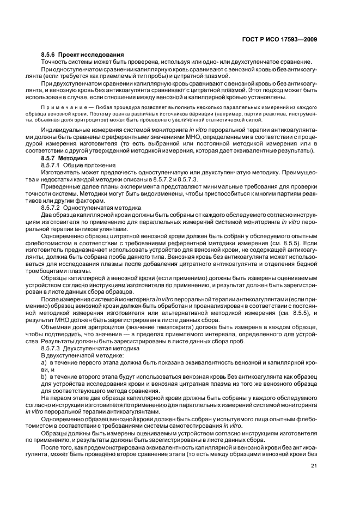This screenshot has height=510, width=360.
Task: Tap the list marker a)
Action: coord(45,361)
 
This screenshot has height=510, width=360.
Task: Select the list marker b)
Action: coord(45,376)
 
